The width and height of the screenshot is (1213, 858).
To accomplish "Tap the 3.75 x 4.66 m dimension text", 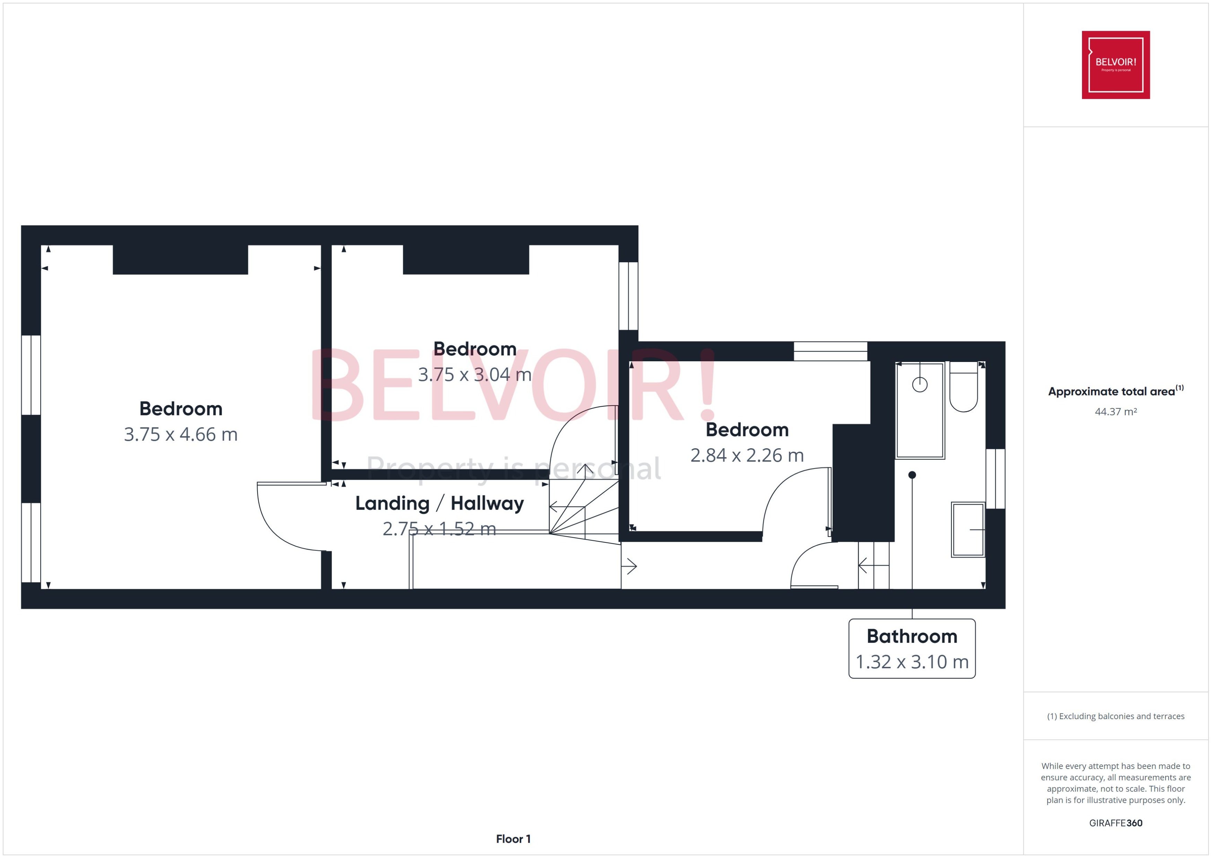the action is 181,434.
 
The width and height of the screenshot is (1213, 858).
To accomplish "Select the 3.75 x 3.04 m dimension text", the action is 474,374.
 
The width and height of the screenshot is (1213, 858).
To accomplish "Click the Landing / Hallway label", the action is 439,504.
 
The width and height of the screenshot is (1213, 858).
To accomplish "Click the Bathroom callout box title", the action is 912,636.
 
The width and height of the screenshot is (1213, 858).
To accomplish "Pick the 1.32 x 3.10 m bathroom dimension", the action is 912,662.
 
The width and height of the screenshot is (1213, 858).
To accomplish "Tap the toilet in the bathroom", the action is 963,387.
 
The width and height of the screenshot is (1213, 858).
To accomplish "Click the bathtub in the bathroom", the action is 920,410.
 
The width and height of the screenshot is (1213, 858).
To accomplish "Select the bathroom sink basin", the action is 968,529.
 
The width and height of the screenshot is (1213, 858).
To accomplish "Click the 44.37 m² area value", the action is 1116,412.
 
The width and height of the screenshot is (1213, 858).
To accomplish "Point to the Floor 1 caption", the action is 513,839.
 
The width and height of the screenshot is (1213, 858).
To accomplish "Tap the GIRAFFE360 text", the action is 1116,823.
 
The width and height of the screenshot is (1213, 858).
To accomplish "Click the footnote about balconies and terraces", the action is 1116,716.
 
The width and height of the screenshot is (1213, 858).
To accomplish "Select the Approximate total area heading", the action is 1116,391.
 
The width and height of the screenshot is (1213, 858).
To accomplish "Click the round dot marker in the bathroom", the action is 912,475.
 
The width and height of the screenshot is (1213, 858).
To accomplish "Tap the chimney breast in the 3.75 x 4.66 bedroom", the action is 180,259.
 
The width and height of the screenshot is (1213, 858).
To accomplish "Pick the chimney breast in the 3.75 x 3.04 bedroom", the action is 466,259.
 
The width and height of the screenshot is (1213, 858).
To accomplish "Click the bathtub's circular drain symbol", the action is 920,384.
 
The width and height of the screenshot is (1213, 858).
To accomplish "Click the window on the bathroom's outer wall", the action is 995,479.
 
